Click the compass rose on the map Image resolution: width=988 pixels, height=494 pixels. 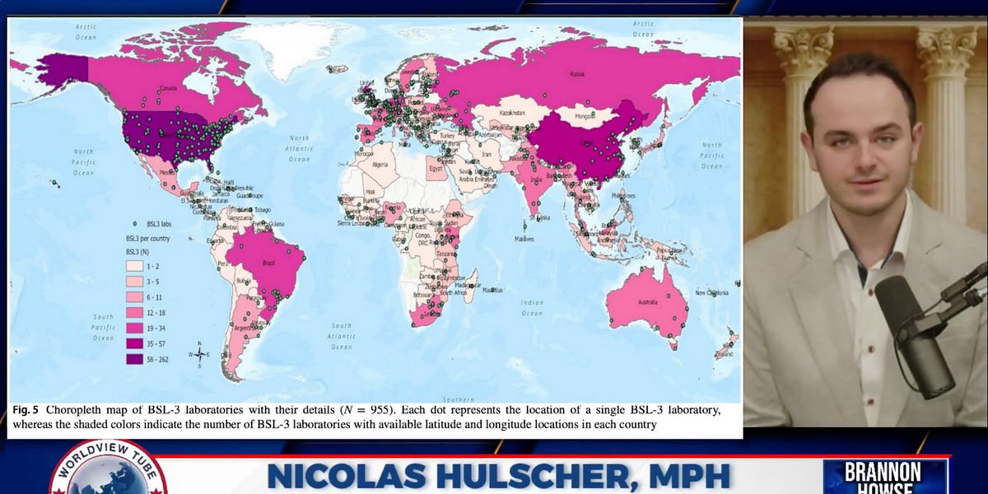pyautogui.click(x=199, y=355)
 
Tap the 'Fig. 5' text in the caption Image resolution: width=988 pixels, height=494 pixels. pyautogui.click(x=26, y=409)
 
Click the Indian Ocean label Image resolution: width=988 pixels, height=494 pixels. pyautogui.click(x=532, y=308)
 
